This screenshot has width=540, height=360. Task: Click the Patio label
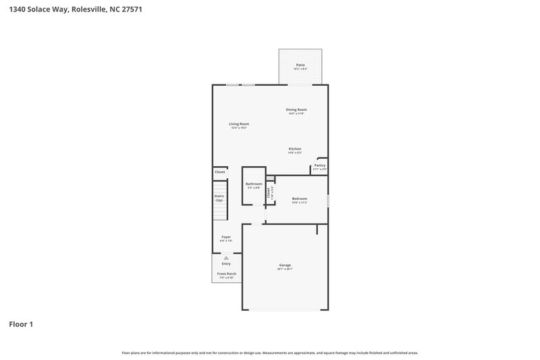300,65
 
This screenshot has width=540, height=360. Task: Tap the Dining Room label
296,109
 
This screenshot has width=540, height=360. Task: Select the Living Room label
239,124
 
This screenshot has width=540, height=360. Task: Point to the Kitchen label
295,149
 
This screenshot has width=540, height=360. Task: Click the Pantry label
320,165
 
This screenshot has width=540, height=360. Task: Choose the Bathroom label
254,184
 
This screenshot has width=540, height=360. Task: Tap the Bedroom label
300,199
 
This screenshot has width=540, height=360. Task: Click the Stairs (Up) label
219,198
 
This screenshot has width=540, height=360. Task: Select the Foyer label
226,237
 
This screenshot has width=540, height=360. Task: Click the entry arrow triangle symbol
226,258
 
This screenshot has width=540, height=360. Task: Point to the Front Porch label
226,274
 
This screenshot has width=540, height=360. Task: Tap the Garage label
285,265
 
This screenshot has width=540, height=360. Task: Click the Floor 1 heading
20,324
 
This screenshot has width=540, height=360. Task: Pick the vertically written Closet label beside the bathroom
269,193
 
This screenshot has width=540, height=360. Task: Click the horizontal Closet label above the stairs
220,172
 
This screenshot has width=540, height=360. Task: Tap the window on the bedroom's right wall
328,201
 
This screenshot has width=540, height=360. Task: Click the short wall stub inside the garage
317,230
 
